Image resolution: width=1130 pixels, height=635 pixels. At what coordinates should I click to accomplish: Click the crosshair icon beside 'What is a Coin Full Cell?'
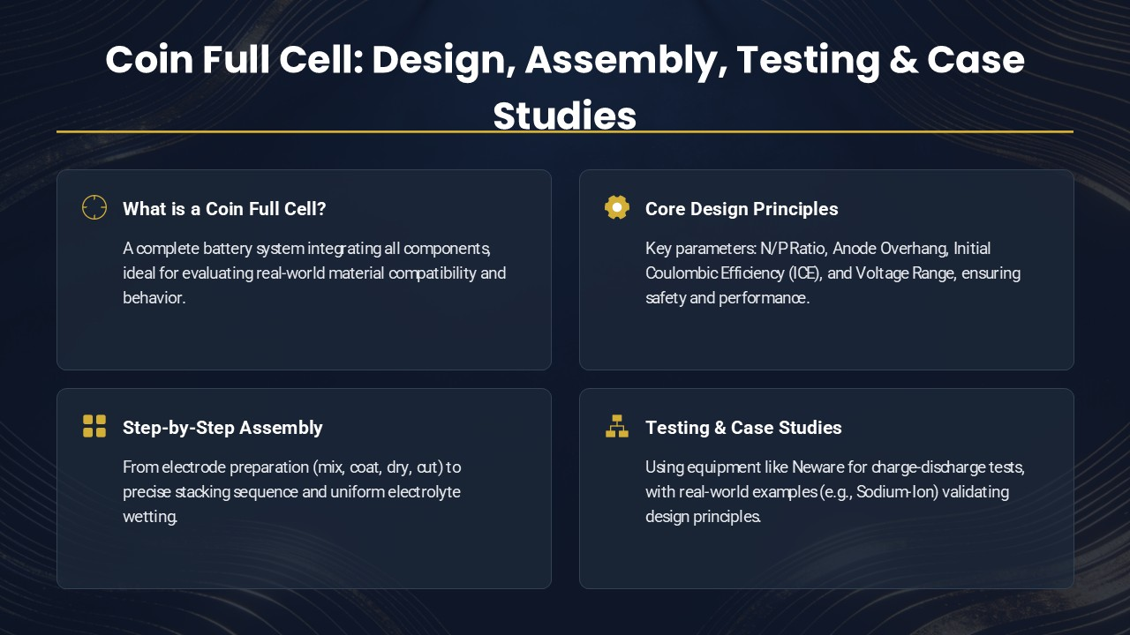pyautogui.click(x=94, y=207)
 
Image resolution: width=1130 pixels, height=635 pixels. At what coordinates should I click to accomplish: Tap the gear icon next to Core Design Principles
pyautogui.click(x=617, y=207)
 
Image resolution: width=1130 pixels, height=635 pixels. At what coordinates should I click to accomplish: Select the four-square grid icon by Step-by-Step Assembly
pyautogui.click(x=94, y=426)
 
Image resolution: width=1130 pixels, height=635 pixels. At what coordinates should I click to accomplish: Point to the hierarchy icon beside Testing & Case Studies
pyautogui.click(x=617, y=426)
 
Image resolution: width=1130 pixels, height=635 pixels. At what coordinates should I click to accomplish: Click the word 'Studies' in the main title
pyautogui.click(x=564, y=116)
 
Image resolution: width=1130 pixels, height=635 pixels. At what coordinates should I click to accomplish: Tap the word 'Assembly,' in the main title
pyautogui.click(x=626, y=61)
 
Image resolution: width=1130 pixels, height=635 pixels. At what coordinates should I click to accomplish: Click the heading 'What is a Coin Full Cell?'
pyautogui.click(x=224, y=209)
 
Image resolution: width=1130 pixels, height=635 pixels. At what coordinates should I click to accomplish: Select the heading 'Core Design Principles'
pyautogui.click(x=742, y=209)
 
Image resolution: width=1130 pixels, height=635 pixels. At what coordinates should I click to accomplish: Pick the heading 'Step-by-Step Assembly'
pyautogui.click(x=222, y=428)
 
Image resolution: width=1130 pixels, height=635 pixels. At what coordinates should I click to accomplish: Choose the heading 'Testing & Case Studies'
pyautogui.click(x=743, y=428)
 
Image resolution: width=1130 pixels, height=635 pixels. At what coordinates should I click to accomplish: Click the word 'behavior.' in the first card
pyautogui.click(x=154, y=298)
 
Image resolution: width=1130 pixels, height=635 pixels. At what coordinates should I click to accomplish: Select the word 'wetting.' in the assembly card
pyautogui.click(x=150, y=517)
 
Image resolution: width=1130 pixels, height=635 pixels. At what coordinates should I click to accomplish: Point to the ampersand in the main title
pyautogui.click(x=903, y=60)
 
